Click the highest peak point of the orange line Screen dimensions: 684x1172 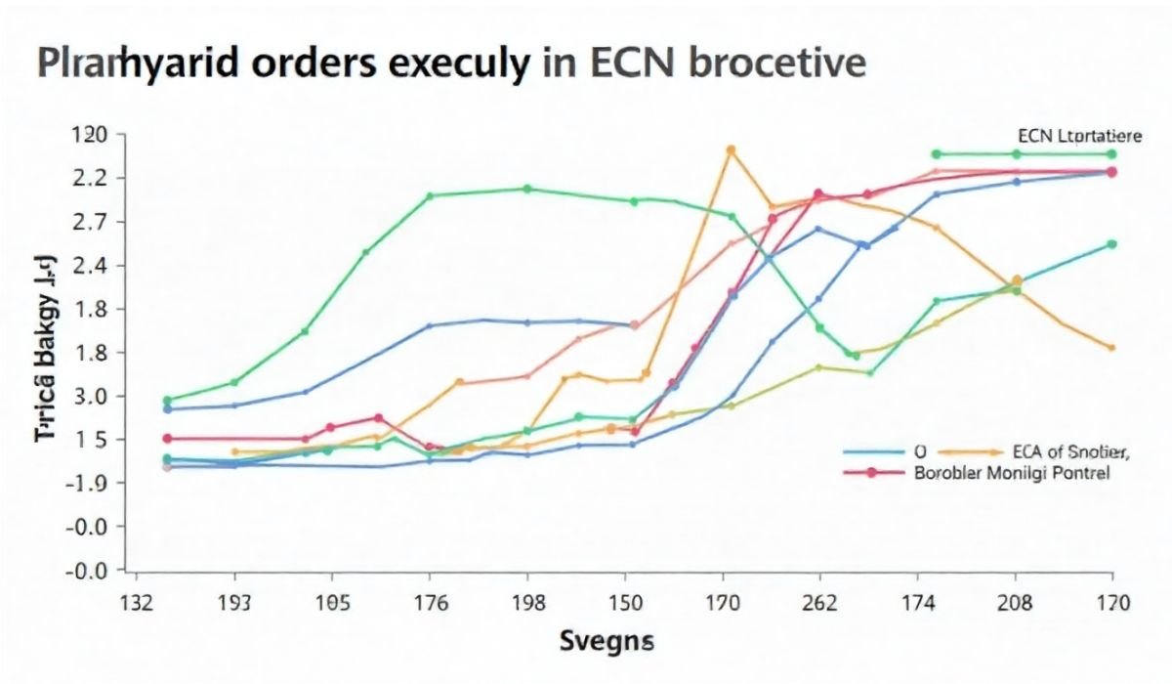pyautogui.click(x=731, y=150)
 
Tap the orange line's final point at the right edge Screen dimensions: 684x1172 pyautogui.click(x=1111, y=348)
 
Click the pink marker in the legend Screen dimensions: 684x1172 pyautogui.click(x=864, y=472)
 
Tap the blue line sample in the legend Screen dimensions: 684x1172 pyautogui.click(x=871, y=452)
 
